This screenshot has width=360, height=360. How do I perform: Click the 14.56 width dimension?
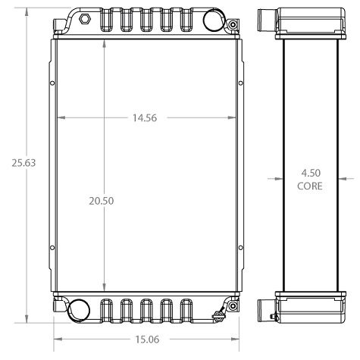coord(145,118)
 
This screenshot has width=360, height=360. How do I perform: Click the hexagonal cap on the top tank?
coord(85,17)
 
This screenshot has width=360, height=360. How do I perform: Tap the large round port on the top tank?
coord(215,20)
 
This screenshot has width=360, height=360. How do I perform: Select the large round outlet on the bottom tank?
coord(80,308)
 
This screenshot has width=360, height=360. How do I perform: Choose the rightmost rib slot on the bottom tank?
coord(184,311)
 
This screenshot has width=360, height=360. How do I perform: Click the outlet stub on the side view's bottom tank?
coord(265,308)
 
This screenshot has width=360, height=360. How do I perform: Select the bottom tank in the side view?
coord(308,305)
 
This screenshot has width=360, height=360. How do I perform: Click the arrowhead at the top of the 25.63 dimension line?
coord(27,11)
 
